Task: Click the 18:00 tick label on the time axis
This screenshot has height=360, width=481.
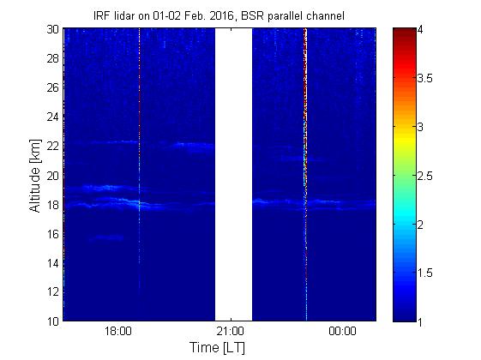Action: (x=118, y=331)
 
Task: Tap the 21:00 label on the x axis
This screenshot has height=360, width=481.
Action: (x=231, y=331)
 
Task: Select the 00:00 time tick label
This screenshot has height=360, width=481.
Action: (x=342, y=331)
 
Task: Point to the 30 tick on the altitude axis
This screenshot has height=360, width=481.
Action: (x=52, y=29)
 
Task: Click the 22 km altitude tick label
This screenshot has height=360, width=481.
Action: (x=52, y=146)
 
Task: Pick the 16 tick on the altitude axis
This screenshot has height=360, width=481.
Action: (x=52, y=234)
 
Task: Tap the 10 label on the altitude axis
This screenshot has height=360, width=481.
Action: (x=52, y=321)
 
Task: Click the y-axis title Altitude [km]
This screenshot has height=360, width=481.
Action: (x=35, y=176)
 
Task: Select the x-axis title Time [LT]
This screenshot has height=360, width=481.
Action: (x=217, y=348)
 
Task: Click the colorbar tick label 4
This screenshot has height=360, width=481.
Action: (x=420, y=30)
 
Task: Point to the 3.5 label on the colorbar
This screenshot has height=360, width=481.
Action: (x=425, y=78)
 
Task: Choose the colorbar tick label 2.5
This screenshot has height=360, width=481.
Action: (x=425, y=176)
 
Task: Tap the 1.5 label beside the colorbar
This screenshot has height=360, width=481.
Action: (x=425, y=273)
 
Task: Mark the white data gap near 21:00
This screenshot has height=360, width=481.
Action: (x=233, y=175)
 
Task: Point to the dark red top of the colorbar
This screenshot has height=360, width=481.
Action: (x=405, y=33)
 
